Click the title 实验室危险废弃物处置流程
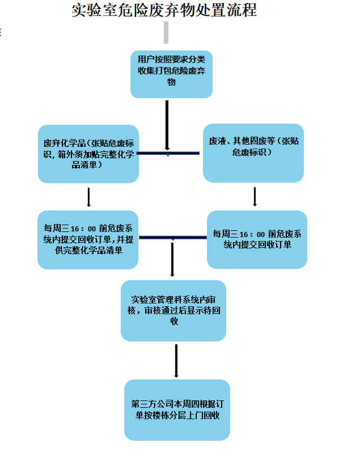click(x=165, y=11)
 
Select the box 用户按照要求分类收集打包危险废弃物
click(x=172, y=73)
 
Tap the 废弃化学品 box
click(x=88, y=154)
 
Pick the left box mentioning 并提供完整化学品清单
click(x=88, y=239)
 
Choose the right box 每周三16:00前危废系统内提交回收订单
click(x=257, y=239)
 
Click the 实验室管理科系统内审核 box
click(x=173, y=310)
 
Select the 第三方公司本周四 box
click(x=177, y=409)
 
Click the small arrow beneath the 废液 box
click(x=255, y=196)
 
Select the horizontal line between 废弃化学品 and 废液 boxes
click(x=169, y=153)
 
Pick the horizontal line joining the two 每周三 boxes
click(x=173, y=238)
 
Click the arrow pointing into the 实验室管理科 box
click(x=173, y=260)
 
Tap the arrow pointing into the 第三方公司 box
click(x=177, y=360)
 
